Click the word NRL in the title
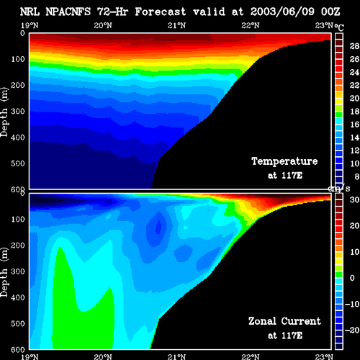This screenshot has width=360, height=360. coord(30,12)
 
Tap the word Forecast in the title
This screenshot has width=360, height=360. coord(161,12)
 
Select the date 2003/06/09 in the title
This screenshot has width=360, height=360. coord(282,12)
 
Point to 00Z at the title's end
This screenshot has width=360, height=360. coord(330,12)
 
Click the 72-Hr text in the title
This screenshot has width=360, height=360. coord(112,12)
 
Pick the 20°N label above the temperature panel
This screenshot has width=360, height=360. coord(103,25)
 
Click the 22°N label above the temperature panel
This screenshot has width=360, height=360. coord(251,25)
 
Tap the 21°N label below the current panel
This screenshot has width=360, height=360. coord(176,356)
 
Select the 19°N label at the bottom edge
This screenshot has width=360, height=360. coord(30,356)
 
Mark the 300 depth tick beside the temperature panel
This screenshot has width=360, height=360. coord(18,112)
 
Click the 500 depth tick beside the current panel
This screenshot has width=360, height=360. coord(18,323)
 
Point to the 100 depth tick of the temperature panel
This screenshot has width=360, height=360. coord(18,59)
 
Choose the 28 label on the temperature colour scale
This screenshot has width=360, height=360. coord(354,46)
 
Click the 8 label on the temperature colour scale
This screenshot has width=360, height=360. coord(357,176)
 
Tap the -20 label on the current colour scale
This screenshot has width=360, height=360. coord(352,330)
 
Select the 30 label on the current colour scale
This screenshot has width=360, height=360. coord(354,199)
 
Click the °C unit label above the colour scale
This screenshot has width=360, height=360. coord(339,27)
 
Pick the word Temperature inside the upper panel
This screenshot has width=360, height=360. coord(284,161)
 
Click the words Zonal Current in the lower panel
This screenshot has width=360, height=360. coord(284,321)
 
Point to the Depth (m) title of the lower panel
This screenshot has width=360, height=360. coord(4,272)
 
